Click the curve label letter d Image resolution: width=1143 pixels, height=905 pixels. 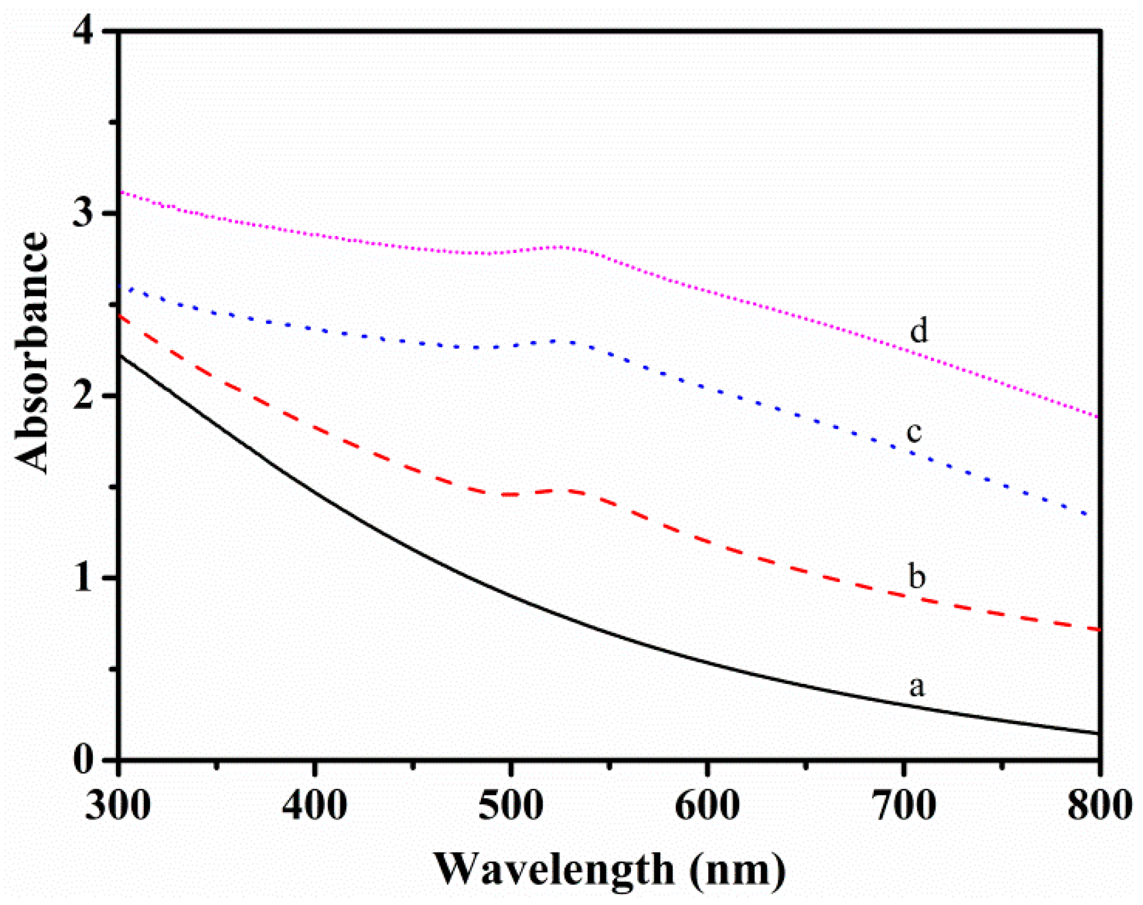[918, 330]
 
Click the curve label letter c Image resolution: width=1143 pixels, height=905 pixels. [914, 433]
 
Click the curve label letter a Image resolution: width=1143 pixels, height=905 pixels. [917, 687]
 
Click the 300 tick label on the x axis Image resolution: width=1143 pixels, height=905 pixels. [118, 805]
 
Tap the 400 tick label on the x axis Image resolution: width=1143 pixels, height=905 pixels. [315, 805]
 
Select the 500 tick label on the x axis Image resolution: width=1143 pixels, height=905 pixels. [510, 805]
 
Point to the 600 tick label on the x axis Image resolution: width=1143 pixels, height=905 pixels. [707, 805]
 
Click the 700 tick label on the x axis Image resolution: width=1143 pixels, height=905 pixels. [903, 805]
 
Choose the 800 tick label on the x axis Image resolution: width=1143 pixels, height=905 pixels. [1099, 805]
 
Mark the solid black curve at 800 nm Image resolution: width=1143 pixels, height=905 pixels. [1098, 733]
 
